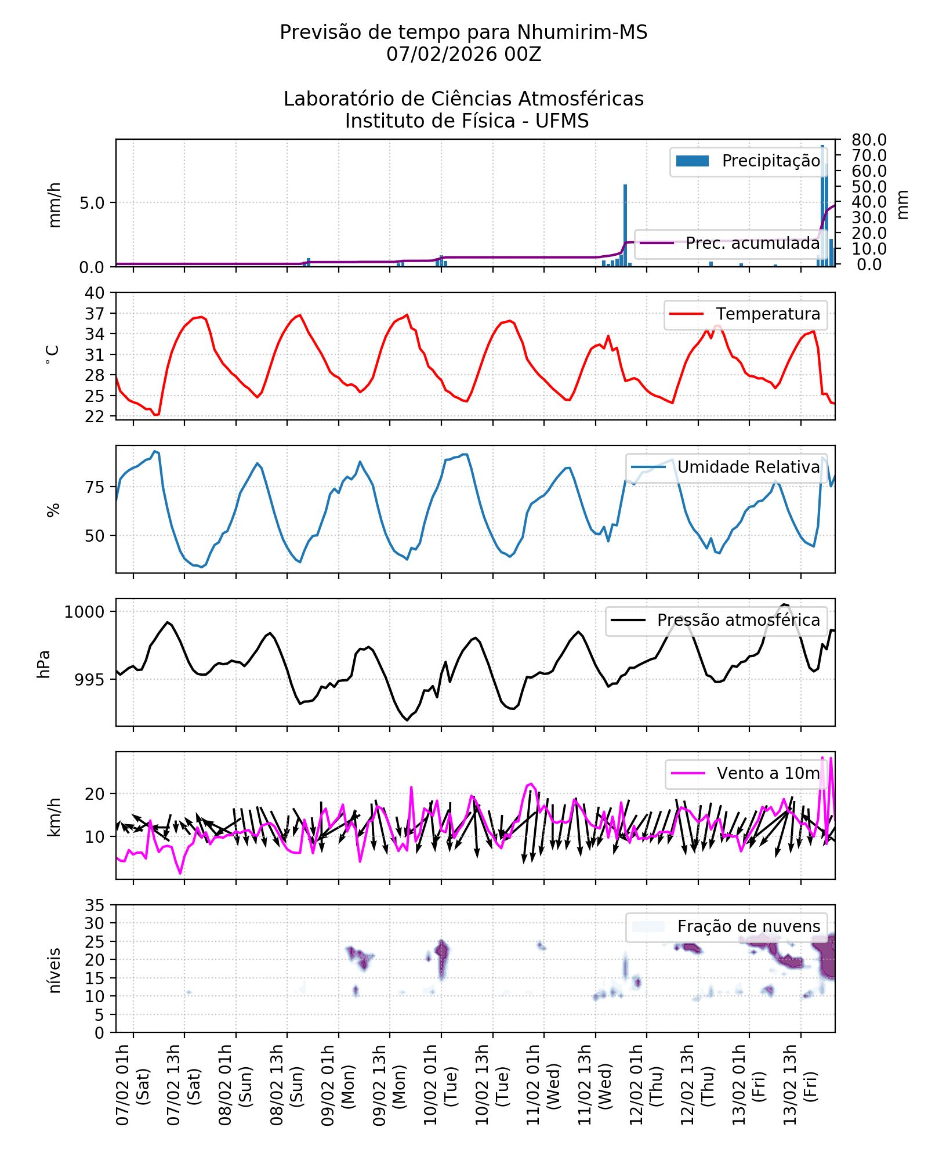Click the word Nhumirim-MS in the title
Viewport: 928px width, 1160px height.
(x=582, y=32)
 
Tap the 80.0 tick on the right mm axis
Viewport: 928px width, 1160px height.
(x=869, y=140)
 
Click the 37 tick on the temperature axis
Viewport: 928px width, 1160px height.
(x=95, y=314)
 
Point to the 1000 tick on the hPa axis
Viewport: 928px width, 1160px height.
(x=85, y=612)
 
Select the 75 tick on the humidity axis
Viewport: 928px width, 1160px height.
(x=95, y=487)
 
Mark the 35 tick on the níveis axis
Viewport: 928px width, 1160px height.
(x=95, y=905)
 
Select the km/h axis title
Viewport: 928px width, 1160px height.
(x=54, y=817)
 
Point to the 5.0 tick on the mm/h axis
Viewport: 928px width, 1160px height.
(x=92, y=203)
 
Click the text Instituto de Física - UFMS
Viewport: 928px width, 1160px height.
(x=467, y=121)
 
